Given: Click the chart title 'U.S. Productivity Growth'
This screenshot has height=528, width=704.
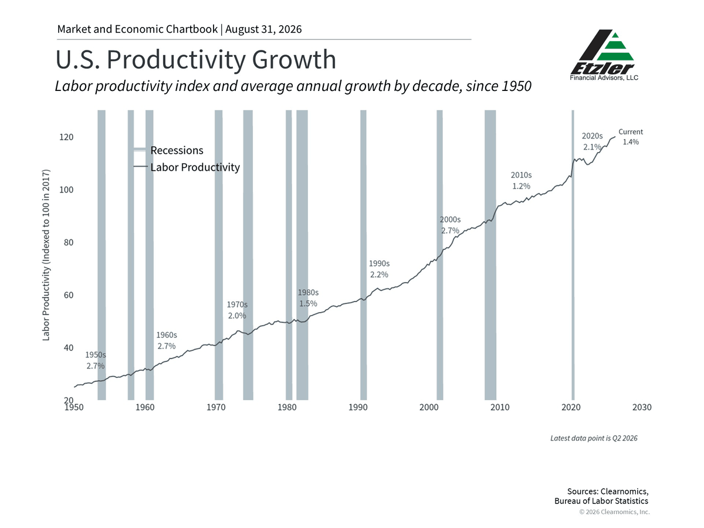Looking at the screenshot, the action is pos(195,60).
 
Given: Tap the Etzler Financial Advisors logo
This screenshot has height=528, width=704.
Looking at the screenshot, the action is pos(604,55).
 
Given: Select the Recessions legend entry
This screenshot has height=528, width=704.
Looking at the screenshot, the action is pos(168,150).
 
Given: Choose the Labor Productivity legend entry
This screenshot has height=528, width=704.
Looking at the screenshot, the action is pos(187,167).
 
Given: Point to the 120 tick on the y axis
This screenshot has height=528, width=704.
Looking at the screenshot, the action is pos(66,137).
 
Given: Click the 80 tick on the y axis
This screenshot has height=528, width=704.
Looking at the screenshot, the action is pos(69,242).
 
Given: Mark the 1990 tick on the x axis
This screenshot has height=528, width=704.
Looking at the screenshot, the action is pos(358,407).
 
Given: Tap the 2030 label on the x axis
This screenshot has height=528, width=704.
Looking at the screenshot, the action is pos(642,407).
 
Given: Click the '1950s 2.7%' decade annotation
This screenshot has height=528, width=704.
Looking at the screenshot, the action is pos(95,360).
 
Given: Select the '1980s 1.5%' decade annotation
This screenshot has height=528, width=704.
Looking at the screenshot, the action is pos(308,298).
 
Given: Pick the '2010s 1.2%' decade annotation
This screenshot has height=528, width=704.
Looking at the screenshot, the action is pos(521,181).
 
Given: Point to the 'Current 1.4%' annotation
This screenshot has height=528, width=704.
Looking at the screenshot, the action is pos(631,137).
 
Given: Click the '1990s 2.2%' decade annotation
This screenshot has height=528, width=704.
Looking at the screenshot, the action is pos(379,269).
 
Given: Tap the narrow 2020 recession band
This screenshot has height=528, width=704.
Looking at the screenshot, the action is pos(573,255).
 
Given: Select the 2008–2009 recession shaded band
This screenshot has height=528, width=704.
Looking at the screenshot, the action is pos(490,255).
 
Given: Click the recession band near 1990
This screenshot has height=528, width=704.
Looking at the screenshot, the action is pos(363,255).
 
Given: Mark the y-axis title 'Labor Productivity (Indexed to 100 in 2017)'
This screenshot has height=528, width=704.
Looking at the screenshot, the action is pos(46,255).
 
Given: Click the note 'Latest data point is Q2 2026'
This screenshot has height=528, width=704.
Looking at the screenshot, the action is pos(594,438).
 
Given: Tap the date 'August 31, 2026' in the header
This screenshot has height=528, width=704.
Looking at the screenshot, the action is pos(263,29).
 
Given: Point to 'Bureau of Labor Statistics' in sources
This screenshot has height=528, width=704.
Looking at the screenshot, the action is pos(601,501).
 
